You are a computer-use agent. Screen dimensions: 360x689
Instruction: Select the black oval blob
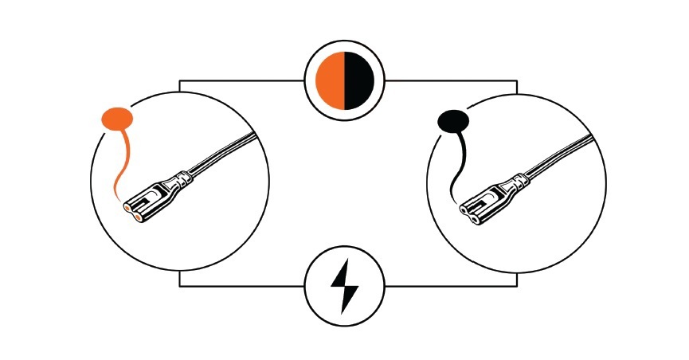[x=455, y=122]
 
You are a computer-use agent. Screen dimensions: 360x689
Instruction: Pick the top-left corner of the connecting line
[x=179, y=80]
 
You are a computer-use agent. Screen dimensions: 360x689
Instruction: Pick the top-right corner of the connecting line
[x=517, y=80]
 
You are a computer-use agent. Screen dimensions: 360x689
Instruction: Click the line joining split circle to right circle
[x=450, y=80]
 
